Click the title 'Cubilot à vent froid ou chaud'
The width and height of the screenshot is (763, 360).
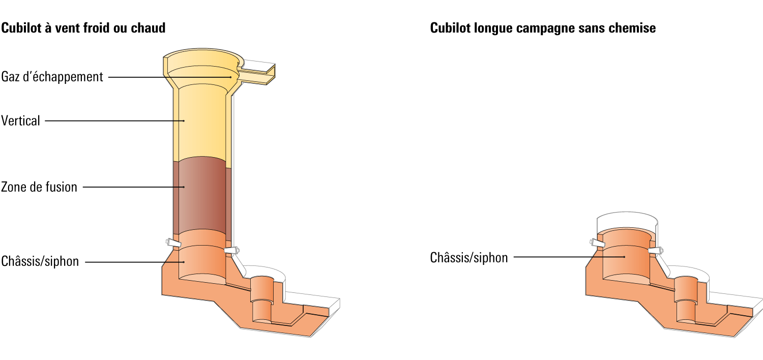[x=83, y=28]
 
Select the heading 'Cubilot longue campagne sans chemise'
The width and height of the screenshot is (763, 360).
[x=543, y=28]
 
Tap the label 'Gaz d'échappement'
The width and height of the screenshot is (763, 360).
[x=52, y=77]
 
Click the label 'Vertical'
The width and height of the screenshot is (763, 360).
[x=20, y=121]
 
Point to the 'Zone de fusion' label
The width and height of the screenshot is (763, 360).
[x=39, y=187]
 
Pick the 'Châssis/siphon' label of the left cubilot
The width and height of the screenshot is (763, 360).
[x=40, y=261]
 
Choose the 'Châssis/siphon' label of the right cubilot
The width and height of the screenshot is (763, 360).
[x=469, y=258]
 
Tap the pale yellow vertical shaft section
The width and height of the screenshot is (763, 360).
[x=201, y=123]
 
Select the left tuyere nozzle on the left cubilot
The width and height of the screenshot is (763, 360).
[x=173, y=243]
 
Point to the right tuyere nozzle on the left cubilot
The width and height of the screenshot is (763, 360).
[x=231, y=251]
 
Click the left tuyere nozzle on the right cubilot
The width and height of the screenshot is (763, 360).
[x=598, y=243]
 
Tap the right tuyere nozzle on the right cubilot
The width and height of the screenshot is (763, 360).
[x=656, y=251]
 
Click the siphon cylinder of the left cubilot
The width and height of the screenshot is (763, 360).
[x=262, y=299]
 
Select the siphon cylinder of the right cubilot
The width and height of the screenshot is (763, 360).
[x=686, y=299]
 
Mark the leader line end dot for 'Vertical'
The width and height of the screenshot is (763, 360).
[x=184, y=121]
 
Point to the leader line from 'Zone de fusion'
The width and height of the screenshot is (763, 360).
[x=133, y=187]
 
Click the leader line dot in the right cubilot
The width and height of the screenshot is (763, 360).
[x=624, y=257]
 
